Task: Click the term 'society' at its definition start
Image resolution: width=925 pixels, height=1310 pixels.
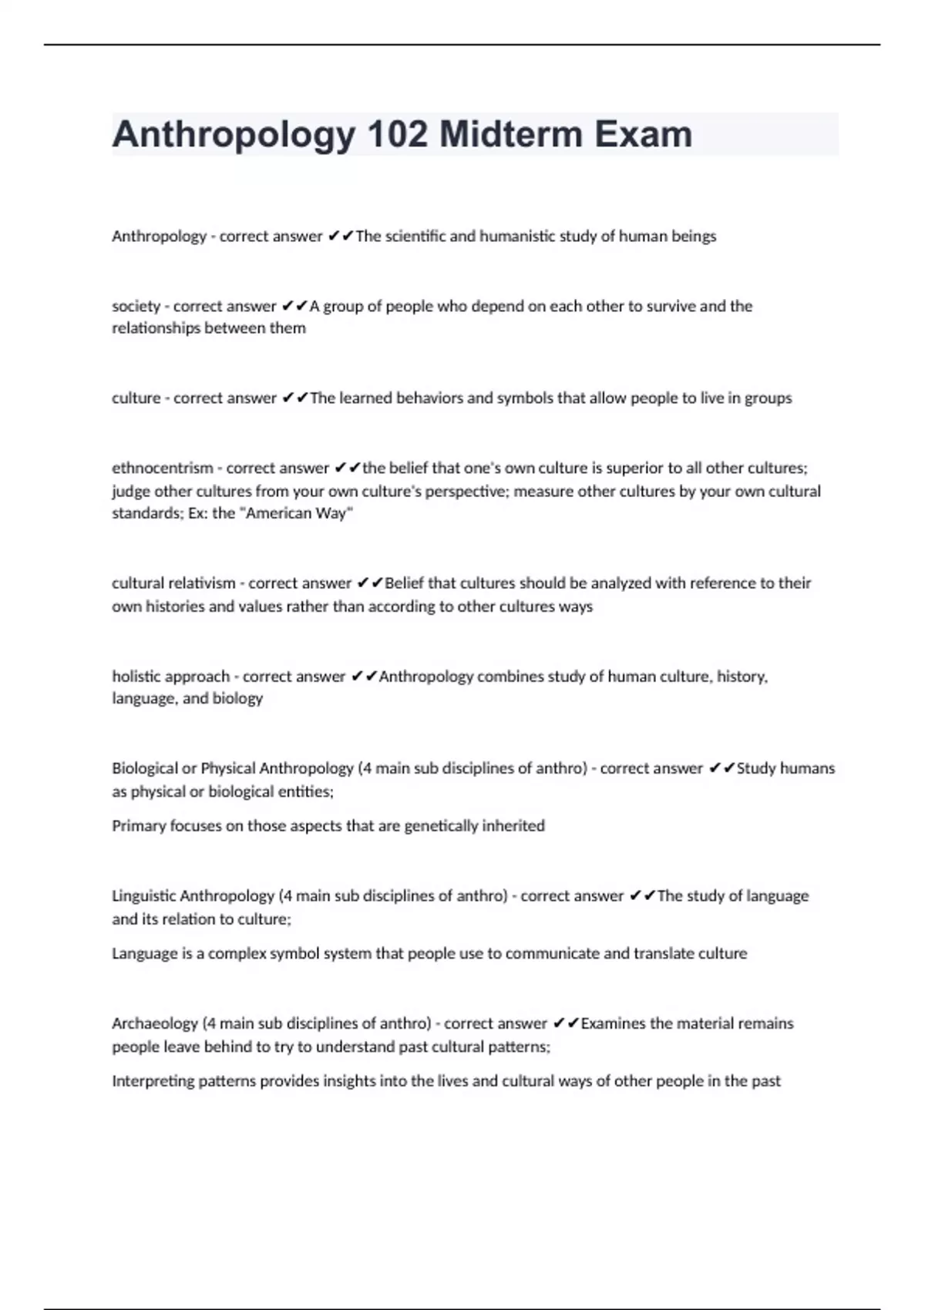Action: coord(136,306)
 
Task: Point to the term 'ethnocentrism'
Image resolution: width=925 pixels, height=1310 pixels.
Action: coord(163,468)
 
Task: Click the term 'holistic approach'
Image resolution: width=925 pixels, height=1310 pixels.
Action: coord(170,677)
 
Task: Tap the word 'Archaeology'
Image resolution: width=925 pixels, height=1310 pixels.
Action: coord(154,1023)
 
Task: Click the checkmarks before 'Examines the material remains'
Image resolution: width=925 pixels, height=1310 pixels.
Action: coord(566,1023)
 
